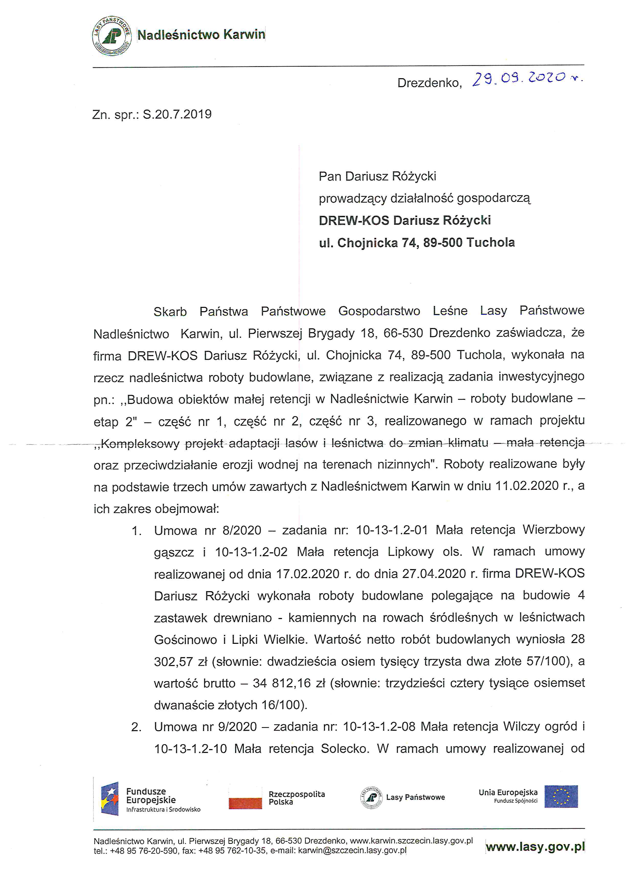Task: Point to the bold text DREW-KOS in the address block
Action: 354,220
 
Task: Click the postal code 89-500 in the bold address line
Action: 443,243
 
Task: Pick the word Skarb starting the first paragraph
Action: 170,311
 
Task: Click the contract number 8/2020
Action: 242,530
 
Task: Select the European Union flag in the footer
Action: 561,797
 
